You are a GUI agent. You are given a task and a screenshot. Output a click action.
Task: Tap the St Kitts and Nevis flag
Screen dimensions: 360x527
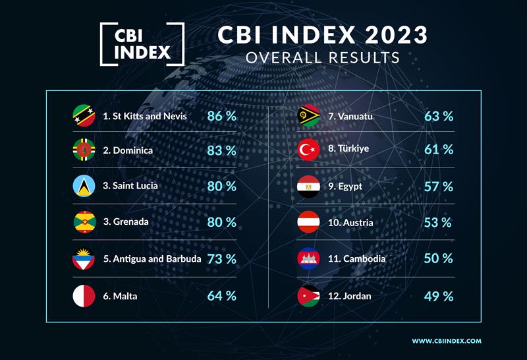point(84,116)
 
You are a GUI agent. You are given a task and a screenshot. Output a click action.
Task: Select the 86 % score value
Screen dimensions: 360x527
point(221,116)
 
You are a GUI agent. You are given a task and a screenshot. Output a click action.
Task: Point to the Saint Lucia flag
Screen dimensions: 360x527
point(84,187)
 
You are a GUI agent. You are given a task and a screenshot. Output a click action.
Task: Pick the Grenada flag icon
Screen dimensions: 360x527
point(84,222)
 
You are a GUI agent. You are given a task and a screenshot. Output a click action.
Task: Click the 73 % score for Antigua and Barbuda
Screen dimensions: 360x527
point(221,258)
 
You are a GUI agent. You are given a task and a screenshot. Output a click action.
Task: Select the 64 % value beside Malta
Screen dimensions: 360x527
point(221,295)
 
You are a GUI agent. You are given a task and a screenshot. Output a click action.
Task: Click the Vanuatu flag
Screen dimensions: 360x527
point(309,116)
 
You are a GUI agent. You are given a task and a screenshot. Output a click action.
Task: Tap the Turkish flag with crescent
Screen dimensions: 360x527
point(309,150)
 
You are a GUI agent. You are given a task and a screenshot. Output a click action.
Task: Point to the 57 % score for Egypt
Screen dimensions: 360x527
point(439,187)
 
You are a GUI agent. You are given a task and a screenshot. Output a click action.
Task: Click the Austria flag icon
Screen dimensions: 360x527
point(309,222)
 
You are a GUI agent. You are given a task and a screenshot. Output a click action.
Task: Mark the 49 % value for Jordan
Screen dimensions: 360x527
point(439,295)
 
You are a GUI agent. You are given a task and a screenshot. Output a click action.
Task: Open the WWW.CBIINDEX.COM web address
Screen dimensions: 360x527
point(447,341)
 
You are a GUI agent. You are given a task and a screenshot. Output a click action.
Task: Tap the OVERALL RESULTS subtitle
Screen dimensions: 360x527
point(323,57)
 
